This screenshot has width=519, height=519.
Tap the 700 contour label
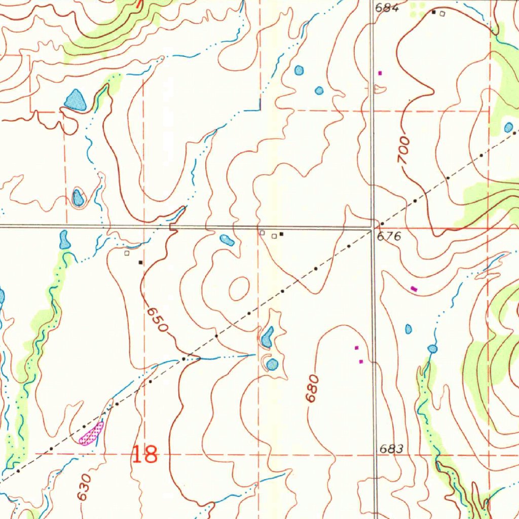click(403, 150)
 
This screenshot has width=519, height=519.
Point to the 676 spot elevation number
click(389, 236)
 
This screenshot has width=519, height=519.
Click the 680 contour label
click(313, 388)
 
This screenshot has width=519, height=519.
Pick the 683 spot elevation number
click(391, 449)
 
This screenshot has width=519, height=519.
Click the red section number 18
click(144, 454)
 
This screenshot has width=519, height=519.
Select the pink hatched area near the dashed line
click(92, 433)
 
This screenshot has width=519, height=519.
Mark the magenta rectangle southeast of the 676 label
click(414, 288)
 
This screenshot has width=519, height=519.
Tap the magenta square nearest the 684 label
click(380, 73)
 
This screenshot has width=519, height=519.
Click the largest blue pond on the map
click(76, 100)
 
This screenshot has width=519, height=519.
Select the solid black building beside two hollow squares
click(281, 234)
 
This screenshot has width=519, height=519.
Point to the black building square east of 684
click(434, 12)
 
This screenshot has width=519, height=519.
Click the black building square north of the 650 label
click(141, 262)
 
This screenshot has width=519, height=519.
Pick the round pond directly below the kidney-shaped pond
click(273, 364)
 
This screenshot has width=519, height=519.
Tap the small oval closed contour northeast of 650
click(239, 287)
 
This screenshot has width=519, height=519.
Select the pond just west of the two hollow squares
click(227, 240)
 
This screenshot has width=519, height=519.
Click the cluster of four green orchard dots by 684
click(418, 6)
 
